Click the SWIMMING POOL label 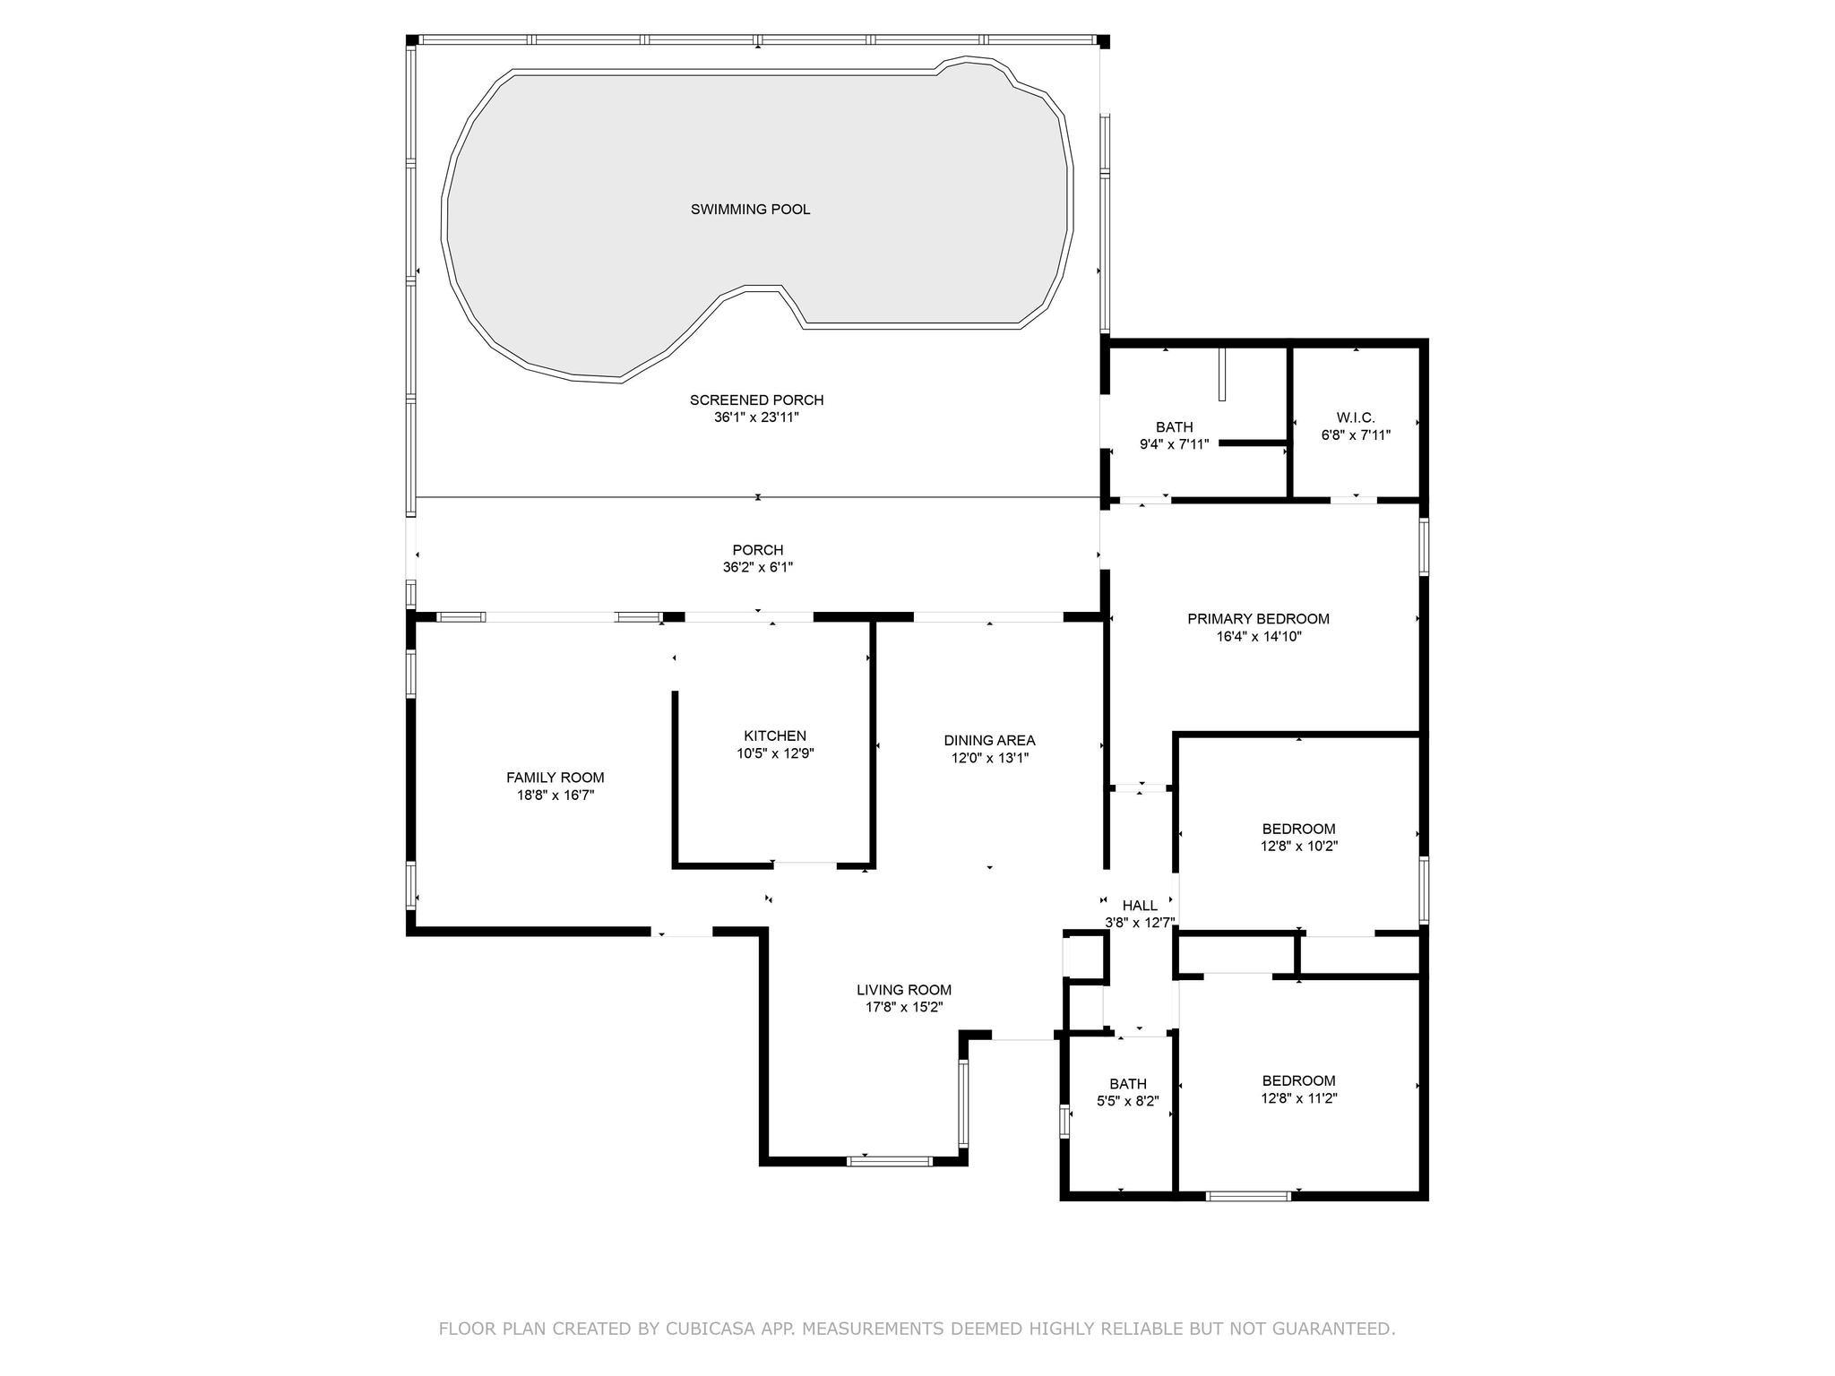pyautogui.click(x=750, y=210)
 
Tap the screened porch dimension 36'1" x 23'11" pyautogui.click(x=756, y=417)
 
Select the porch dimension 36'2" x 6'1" pyautogui.click(x=758, y=567)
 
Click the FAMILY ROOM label pyautogui.click(x=556, y=778)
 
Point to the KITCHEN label pyautogui.click(x=775, y=736)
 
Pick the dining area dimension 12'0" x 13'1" pyautogui.click(x=989, y=758)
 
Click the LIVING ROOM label pyautogui.click(x=904, y=990)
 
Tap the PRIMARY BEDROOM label pyautogui.click(x=1258, y=619)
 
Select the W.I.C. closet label pyautogui.click(x=1356, y=417)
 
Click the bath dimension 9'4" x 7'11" pyautogui.click(x=1174, y=444)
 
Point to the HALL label pyautogui.click(x=1140, y=906)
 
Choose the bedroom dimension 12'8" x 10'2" pyautogui.click(x=1298, y=846)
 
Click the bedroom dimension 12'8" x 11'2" pyautogui.click(x=1298, y=1098)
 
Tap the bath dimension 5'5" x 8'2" pyautogui.click(x=1127, y=1101)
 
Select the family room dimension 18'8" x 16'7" pyautogui.click(x=556, y=795)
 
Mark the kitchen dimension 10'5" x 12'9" pyautogui.click(x=775, y=753)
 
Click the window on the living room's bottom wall pyautogui.click(x=890, y=1162)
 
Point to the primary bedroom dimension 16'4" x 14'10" pyautogui.click(x=1258, y=637)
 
